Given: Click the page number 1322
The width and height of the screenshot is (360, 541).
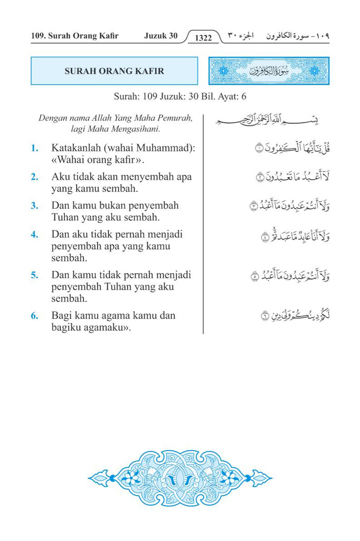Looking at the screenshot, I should (x=203, y=38).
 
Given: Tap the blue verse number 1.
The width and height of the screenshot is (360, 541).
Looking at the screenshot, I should (x=34, y=148).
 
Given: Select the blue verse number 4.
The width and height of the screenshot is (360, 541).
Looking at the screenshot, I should (x=34, y=234).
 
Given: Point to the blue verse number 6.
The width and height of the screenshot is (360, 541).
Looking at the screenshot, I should (x=34, y=316).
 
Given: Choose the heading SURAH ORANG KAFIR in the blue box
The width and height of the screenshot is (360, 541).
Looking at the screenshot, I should (x=114, y=71).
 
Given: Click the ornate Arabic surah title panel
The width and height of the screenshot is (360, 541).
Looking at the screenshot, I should (x=269, y=71).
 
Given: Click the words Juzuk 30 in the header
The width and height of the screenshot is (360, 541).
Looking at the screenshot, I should (x=160, y=36).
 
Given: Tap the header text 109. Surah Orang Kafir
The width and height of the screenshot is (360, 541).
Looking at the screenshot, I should (x=74, y=36).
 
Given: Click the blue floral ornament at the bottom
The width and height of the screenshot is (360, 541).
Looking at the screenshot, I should (x=180, y=479).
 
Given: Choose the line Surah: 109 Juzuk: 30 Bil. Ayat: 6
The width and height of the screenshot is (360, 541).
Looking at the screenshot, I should (x=180, y=97).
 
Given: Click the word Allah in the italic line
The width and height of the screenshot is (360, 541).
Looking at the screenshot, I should (x=105, y=118).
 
